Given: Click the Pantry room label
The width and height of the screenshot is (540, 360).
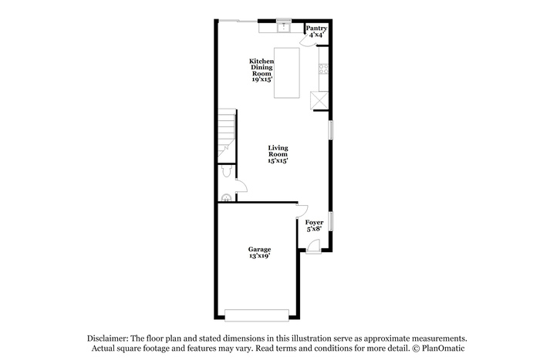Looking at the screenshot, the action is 316,29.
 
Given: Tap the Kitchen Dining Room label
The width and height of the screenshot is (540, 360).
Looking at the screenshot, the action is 262,68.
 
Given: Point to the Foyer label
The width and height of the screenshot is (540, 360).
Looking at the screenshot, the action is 314,222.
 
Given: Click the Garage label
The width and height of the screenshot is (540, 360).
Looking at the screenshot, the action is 259,249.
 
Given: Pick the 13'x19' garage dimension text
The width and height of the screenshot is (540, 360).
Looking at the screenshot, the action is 259,256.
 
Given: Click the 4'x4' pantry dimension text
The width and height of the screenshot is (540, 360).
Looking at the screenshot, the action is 316,35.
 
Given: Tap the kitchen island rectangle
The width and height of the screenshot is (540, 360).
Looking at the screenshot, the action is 286,73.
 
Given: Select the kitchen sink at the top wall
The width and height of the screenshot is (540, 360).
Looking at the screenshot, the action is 284,27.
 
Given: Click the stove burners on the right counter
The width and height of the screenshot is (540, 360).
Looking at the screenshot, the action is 323,69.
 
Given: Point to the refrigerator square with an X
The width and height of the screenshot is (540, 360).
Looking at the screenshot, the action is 319,100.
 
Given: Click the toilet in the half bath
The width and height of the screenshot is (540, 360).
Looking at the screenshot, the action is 226,170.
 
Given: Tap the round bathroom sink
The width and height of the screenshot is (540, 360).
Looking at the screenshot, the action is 226,198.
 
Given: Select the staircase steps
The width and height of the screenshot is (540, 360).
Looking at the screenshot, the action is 227,135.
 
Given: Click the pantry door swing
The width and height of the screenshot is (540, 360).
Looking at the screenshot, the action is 308,41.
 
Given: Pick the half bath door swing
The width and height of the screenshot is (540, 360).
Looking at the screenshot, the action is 241,186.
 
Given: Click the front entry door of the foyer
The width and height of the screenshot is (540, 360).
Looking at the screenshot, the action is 313,247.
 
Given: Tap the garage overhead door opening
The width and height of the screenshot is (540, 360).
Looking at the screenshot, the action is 257,315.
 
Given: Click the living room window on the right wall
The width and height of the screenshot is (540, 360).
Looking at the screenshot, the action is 331,130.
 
